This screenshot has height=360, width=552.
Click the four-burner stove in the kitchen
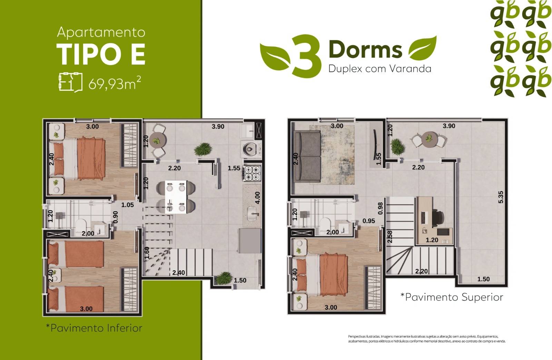tap(252, 174)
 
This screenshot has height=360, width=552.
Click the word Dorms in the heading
tap(365, 49)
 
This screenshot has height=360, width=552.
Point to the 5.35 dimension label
tap(501, 197)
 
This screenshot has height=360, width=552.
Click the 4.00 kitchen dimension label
tap(257, 198)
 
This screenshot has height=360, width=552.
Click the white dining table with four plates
tap(176, 196)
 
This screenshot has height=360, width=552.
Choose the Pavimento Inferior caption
tap(94, 328)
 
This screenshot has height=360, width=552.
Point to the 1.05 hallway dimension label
tap(127, 205)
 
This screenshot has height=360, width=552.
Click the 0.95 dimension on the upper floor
tap(369, 221)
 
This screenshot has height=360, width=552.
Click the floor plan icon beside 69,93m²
tap(70, 82)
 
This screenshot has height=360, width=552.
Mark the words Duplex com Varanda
tap(379, 69)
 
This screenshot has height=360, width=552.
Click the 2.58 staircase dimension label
tap(390, 237)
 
